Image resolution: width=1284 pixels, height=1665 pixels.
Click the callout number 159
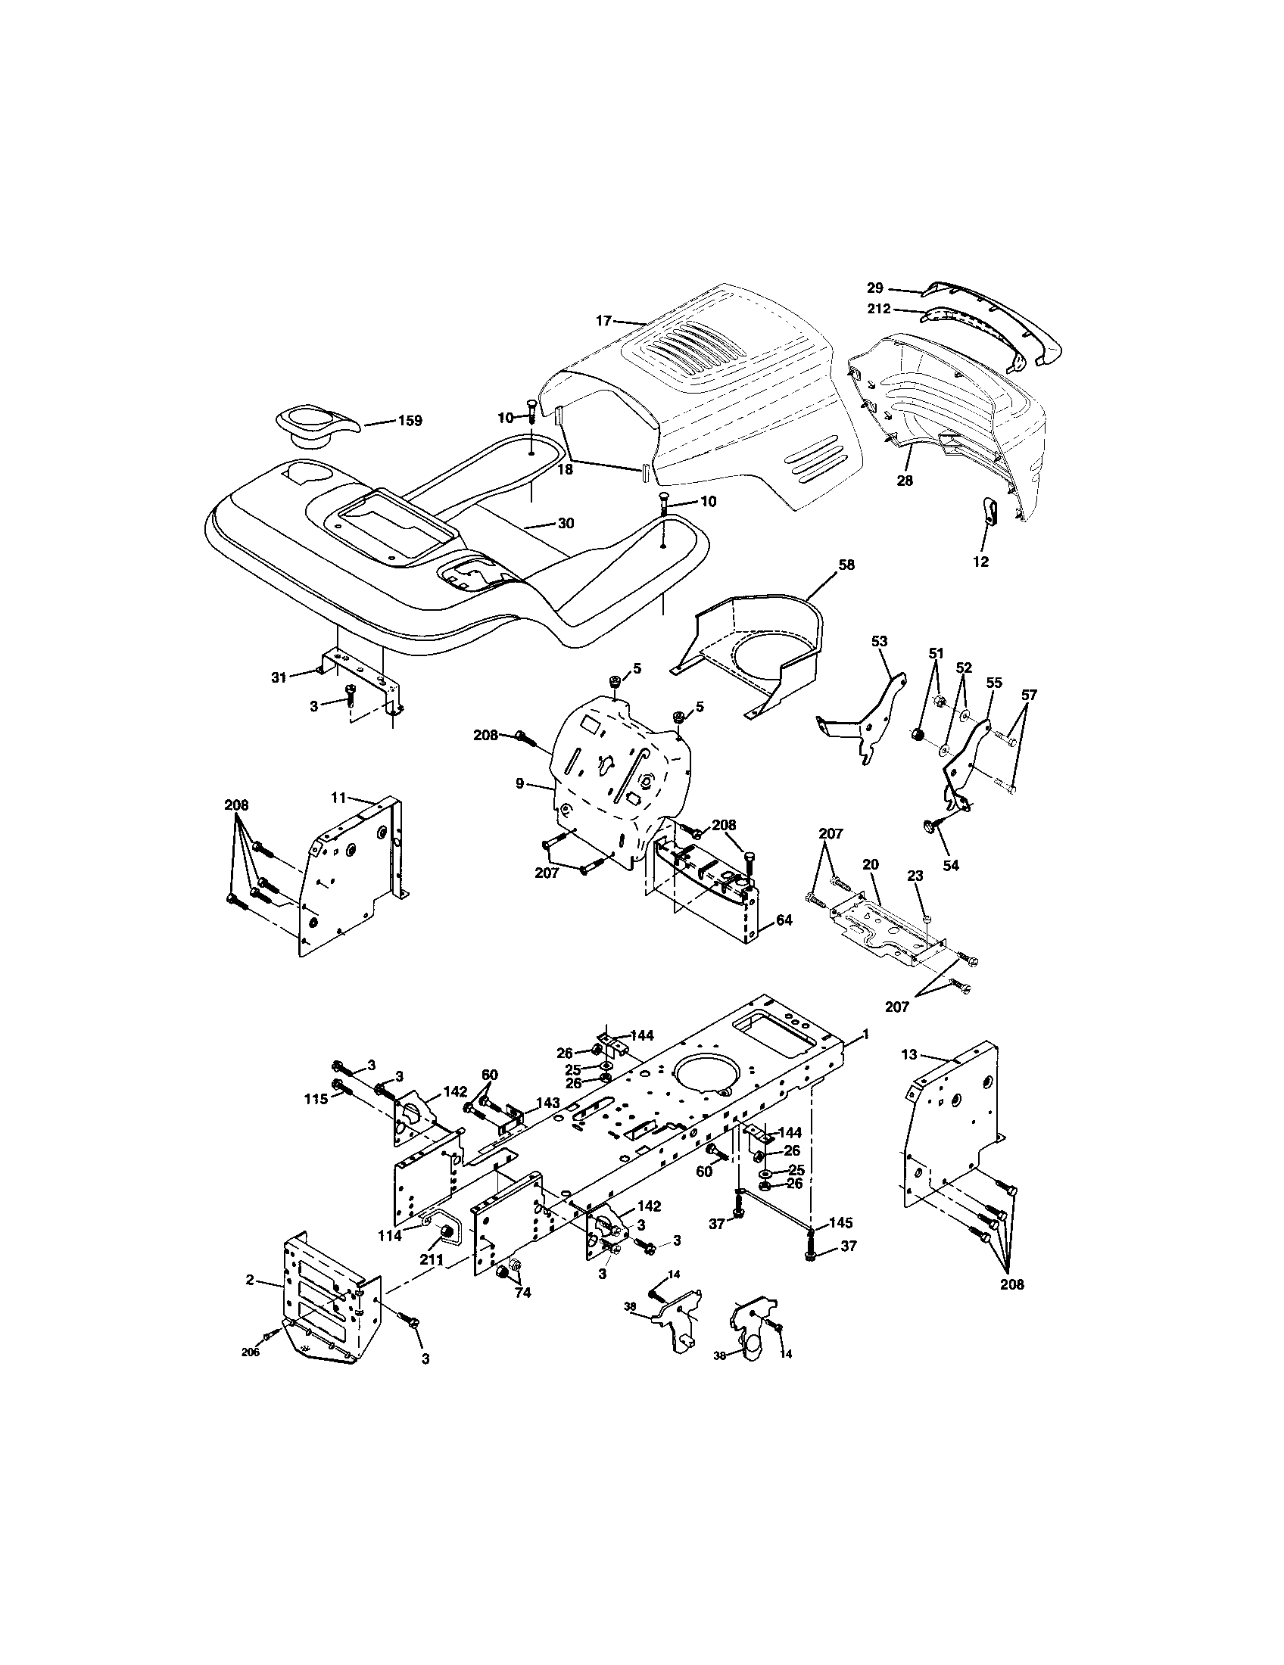point(410,421)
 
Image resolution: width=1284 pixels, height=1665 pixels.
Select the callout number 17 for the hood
point(604,321)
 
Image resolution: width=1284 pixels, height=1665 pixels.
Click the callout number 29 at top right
point(874,288)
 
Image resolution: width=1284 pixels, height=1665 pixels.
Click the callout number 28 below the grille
point(904,481)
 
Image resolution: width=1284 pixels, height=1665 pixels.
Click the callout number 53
point(879,642)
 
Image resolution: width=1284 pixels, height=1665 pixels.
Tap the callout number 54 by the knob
point(951,865)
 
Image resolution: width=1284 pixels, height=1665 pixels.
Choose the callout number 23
point(916,876)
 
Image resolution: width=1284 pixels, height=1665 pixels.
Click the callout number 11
point(339,798)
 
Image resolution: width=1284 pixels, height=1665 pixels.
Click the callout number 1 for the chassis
point(865,1035)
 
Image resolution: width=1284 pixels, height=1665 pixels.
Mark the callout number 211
point(432,1260)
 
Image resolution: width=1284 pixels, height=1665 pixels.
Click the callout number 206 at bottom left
point(250,1352)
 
